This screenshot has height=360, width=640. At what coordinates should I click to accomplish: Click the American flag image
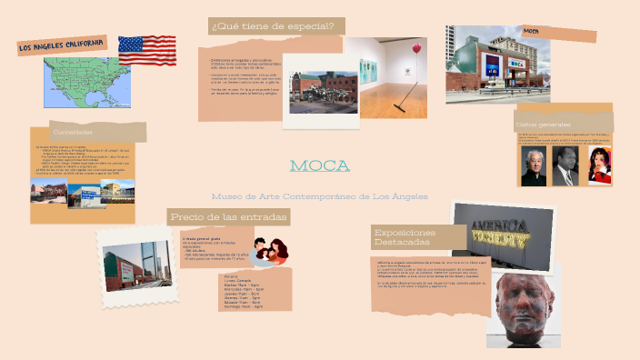pyautogui.click(x=146, y=50)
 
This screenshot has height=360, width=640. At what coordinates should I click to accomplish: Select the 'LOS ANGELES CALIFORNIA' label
pyautogui.click(x=62, y=46)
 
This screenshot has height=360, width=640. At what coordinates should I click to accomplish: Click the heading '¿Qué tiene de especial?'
pyautogui.click(x=273, y=25)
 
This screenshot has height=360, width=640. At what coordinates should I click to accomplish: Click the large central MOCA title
pyautogui.click(x=319, y=165)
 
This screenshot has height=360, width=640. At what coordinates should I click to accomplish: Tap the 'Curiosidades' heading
pyautogui.click(x=73, y=132)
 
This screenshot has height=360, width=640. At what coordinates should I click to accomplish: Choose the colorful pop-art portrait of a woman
pyautogui.click(x=595, y=167)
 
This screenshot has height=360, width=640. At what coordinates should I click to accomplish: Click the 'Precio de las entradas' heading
pyautogui.click(x=229, y=216)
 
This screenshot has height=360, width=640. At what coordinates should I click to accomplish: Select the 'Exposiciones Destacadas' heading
pyautogui.click(x=405, y=237)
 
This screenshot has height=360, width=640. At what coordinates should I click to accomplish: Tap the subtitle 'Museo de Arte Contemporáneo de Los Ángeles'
pyautogui.click(x=319, y=196)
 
